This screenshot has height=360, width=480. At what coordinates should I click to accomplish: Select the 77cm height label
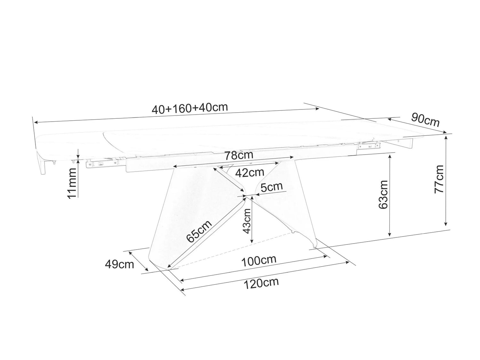click(439, 179)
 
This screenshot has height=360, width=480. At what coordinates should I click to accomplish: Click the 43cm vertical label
click(247, 221)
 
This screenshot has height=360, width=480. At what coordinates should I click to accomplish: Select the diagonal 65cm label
click(199, 231)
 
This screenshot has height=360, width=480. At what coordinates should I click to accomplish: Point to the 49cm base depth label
click(119, 265)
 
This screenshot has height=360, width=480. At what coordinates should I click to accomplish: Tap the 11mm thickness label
click(72, 183)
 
